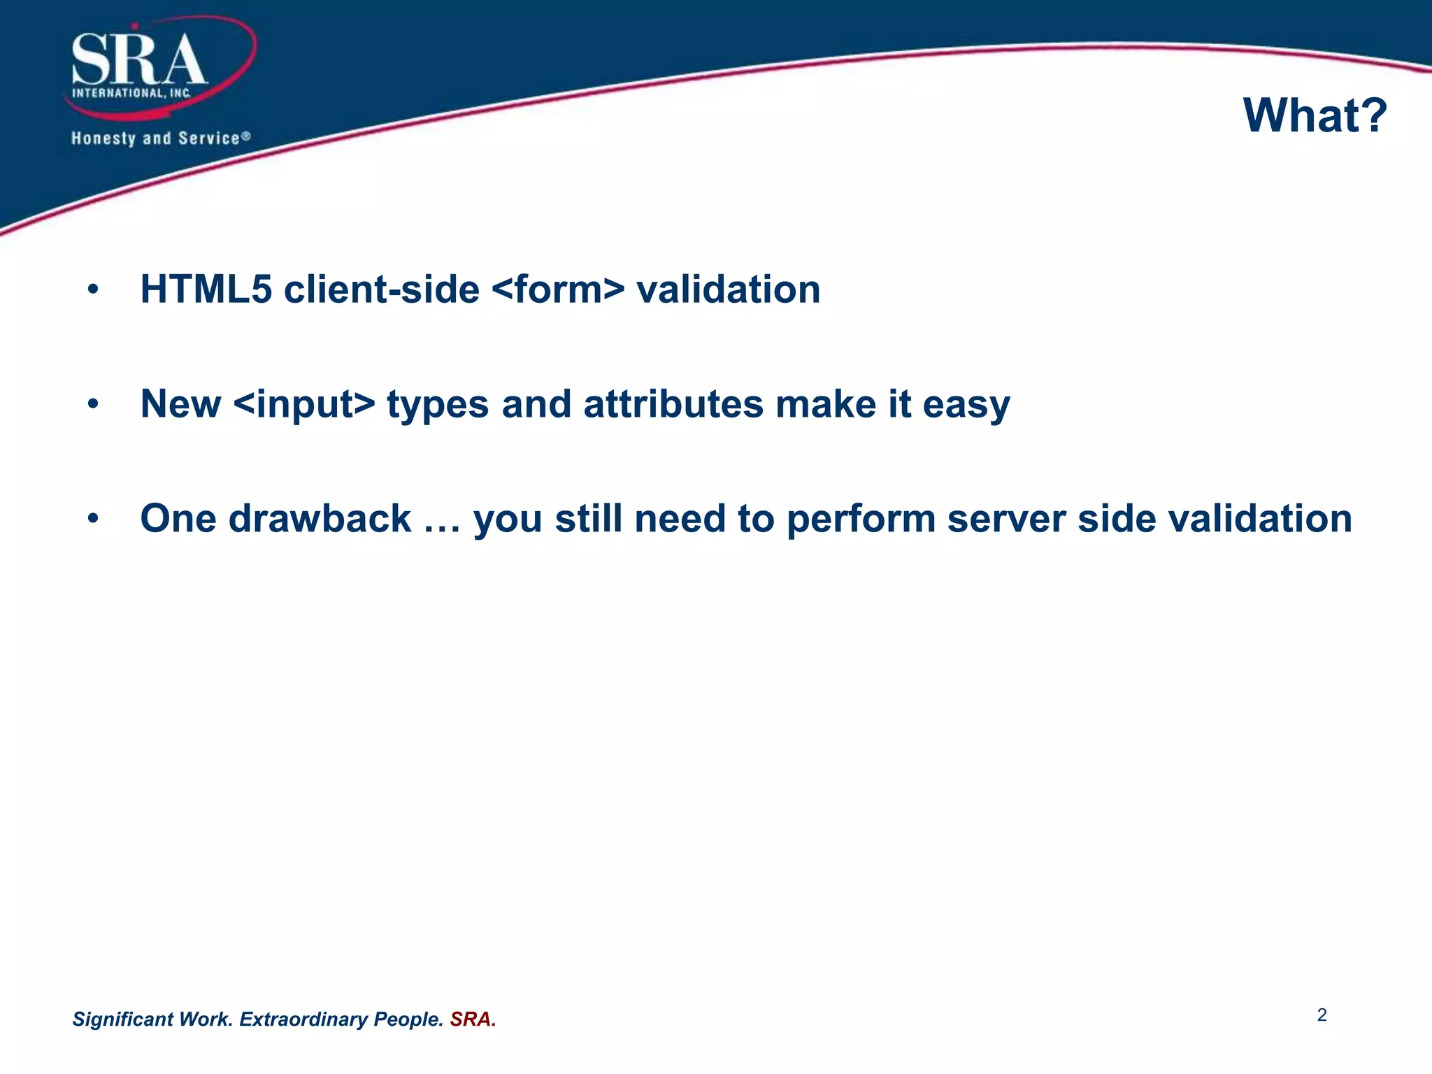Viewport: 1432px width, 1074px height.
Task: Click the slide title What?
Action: pos(1315,115)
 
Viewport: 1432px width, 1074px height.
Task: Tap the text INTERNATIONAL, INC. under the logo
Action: pos(131,93)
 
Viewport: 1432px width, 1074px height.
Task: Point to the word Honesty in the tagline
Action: pos(103,138)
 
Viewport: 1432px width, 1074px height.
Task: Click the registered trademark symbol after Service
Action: pos(246,136)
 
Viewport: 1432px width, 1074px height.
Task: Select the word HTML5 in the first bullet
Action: pos(206,289)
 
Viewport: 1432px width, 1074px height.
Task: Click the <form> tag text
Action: pos(558,289)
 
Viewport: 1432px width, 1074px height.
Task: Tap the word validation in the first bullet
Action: pos(728,289)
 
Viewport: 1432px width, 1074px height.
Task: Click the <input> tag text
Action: pos(304,404)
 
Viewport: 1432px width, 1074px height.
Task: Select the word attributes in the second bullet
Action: pos(673,404)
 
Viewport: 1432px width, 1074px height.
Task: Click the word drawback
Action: pos(320,519)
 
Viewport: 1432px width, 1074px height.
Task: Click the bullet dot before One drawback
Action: pos(93,519)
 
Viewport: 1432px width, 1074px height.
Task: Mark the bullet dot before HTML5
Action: pos(93,289)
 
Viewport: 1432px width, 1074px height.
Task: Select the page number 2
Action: pos(1322,1015)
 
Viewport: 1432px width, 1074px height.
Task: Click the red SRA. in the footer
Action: pos(473,1019)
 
